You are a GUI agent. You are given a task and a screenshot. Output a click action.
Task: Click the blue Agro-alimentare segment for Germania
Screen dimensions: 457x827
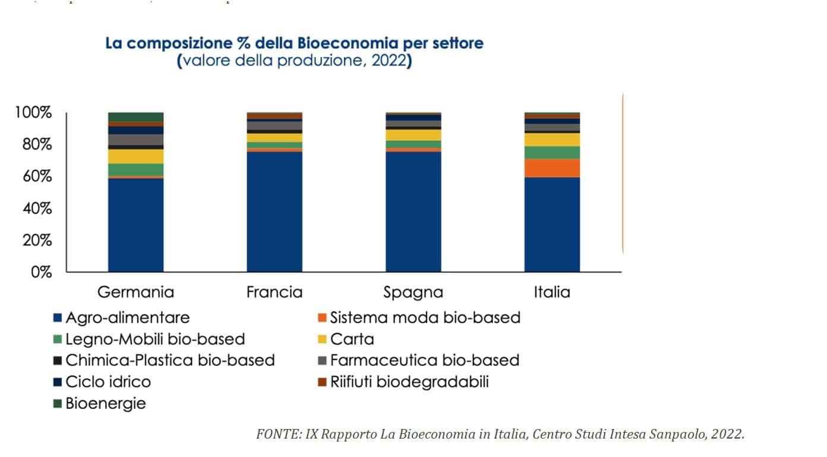tap(135, 225)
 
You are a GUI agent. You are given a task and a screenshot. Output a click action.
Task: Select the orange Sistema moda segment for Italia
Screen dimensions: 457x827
tap(552, 168)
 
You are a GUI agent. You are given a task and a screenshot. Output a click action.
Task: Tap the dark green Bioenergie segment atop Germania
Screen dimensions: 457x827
tap(135, 116)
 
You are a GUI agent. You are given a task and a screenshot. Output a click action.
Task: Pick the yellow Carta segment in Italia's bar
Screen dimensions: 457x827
tap(552, 140)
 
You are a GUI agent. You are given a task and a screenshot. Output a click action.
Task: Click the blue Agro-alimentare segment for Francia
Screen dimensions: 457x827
tap(274, 212)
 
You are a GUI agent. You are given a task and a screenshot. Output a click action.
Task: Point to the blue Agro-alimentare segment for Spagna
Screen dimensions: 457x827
tap(413, 212)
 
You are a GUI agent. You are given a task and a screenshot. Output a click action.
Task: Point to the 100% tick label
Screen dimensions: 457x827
tap(34, 113)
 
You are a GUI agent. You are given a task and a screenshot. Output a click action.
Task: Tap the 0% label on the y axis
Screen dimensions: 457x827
tap(42, 272)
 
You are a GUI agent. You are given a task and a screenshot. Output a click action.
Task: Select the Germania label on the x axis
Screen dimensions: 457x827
tap(135, 292)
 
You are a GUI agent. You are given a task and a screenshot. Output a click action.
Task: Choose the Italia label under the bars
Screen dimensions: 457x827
tap(552, 292)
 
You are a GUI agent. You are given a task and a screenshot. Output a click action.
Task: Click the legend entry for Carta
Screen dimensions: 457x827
tap(352, 339)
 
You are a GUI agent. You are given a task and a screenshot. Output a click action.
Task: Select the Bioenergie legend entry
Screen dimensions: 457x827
tap(105, 404)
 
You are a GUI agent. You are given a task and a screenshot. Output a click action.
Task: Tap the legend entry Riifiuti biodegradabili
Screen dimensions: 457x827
tap(409, 382)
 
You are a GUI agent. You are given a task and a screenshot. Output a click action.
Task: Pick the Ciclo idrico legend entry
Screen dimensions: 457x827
tap(108, 382)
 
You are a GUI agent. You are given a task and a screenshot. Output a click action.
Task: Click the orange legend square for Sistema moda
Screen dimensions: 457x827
tap(323, 318)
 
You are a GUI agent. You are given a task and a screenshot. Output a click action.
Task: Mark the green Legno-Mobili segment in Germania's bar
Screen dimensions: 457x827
tap(135, 170)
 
